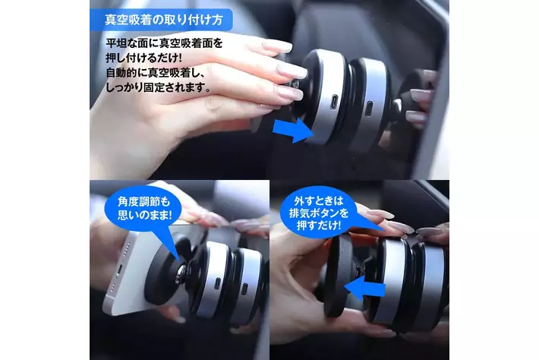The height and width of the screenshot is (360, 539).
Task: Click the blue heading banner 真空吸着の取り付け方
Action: (161, 20)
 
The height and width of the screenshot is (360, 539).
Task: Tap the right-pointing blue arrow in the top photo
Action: (293, 130)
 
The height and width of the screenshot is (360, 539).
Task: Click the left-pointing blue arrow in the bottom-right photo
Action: (364, 287)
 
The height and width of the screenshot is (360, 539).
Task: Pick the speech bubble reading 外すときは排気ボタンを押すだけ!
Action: (319, 213)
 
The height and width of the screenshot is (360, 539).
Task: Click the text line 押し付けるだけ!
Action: (143, 58)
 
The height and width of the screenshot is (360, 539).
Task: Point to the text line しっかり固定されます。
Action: (158, 87)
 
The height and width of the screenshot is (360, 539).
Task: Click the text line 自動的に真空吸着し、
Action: (156, 73)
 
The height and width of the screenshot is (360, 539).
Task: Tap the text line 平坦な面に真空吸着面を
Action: (164, 43)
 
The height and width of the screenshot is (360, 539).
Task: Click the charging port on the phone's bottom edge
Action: (119, 272)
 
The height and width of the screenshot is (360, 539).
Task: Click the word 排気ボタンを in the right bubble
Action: (319, 213)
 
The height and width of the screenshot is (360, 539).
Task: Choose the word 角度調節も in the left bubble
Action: (144, 202)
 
